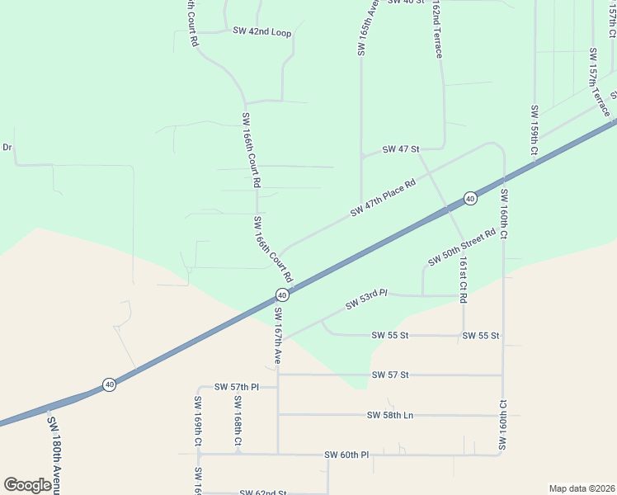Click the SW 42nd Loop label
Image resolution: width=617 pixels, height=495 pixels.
[x=262, y=32]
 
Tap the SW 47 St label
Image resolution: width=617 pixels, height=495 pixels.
[x=402, y=149]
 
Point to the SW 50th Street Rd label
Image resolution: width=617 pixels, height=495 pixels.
[x=461, y=247]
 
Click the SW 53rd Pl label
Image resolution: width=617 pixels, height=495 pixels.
[x=366, y=299]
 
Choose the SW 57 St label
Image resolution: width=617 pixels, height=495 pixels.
[x=390, y=375]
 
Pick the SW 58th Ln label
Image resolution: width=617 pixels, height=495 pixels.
[x=390, y=415]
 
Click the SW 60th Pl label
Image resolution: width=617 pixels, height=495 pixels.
[x=346, y=455]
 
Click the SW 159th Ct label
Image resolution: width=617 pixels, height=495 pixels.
[x=535, y=130]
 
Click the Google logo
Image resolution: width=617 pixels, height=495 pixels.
[x=27, y=485]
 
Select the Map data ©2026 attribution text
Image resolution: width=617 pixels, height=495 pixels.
[x=582, y=488]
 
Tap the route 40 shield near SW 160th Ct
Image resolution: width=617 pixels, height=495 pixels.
[x=469, y=198]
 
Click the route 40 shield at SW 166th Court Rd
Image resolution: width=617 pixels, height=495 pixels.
[x=281, y=295]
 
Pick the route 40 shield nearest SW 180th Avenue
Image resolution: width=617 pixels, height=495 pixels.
[x=108, y=384]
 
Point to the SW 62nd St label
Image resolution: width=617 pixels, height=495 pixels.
[x=262, y=493]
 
